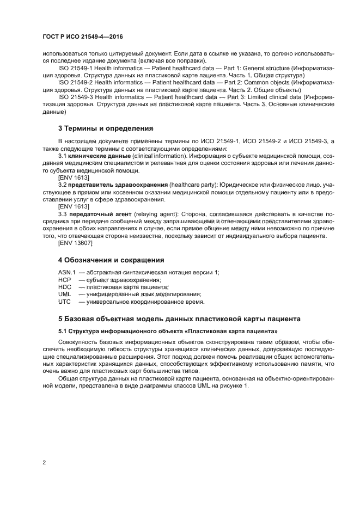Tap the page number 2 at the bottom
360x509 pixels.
point(44,463)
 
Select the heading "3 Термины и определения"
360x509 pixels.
point(106,128)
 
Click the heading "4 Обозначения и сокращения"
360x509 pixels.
point(111,260)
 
